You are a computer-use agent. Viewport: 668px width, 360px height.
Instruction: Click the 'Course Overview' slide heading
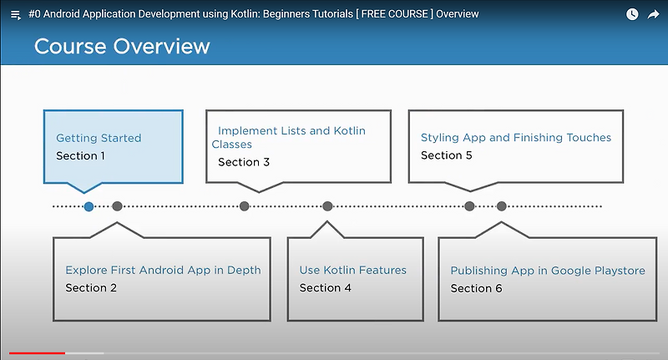click(x=122, y=46)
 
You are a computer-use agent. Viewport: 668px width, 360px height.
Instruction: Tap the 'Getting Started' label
click(x=99, y=138)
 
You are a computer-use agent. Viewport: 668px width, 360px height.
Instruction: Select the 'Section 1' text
click(x=80, y=155)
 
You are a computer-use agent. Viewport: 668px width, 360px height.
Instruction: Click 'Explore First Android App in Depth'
click(x=163, y=270)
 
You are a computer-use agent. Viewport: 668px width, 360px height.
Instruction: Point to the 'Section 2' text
click(x=91, y=287)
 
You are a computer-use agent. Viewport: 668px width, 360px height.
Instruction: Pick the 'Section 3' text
click(x=244, y=162)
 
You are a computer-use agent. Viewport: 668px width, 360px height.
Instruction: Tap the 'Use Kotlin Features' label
click(x=353, y=270)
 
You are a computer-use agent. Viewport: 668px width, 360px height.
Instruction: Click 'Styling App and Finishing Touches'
click(x=516, y=137)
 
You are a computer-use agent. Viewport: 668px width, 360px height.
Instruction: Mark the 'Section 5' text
click(x=446, y=155)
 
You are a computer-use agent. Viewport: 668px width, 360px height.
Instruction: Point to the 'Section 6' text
click(x=476, y=288)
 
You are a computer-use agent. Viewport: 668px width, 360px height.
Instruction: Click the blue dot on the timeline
click(x=89, y=206)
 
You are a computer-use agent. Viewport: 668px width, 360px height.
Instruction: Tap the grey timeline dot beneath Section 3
click(x=244, y=206)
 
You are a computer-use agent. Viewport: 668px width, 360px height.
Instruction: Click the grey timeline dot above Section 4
click(x=327, y=206)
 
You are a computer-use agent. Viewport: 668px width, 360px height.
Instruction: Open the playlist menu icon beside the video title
click(x=15, y=15)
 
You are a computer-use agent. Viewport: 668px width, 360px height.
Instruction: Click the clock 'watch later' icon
click(x=632, y=14)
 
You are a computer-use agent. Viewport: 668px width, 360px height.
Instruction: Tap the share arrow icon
click(x=654, y=14)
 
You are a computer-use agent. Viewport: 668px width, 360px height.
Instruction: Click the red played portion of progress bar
click(x=37, y=353)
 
